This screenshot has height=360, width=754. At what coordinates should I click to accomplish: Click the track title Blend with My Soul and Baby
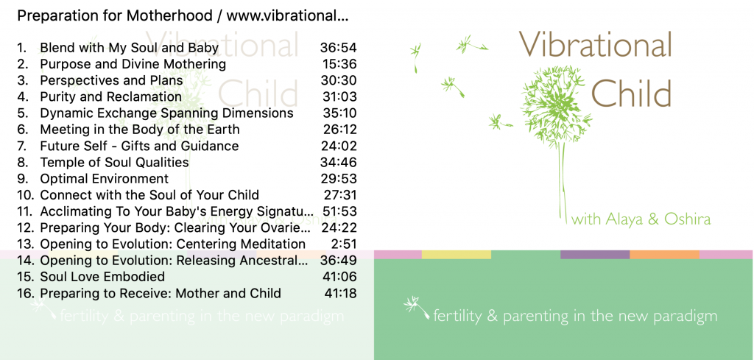click(x=129, y=48)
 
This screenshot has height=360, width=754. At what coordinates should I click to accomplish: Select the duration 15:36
click(x=339, y=64)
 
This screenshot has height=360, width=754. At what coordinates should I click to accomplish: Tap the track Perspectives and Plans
click(x=111, y=81)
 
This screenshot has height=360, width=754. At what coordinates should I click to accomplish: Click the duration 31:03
click(x=339, y=97)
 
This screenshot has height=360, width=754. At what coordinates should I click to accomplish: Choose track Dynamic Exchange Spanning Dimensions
click(x=166, y=113)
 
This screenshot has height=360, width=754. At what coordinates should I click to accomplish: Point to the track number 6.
click(x=22, y=130)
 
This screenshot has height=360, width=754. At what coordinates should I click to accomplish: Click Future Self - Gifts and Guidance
click(x=139, y=146)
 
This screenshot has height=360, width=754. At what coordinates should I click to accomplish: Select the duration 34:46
click(x=339, y=163)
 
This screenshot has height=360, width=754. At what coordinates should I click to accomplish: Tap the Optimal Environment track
click(x=105, y=179)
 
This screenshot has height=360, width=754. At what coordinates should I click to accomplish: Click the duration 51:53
click(x=339, y=211)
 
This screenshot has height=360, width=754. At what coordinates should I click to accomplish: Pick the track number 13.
click(x=24, y=244)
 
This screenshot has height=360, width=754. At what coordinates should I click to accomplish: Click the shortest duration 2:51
click(x=344, y=244)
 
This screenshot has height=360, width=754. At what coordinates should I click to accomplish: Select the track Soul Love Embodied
click(x=102, y=277)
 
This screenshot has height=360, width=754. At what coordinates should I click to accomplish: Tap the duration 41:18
click(x=340, y=293)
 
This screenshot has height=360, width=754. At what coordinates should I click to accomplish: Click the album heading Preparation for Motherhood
click(x=114, y=16)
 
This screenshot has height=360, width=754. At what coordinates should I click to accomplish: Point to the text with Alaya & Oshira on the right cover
click(x=641, y=219)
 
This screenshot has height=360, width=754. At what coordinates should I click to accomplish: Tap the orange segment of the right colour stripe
click(x=664, y=254)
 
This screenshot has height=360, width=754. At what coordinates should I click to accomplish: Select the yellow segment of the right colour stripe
click(x=457, y=254)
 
